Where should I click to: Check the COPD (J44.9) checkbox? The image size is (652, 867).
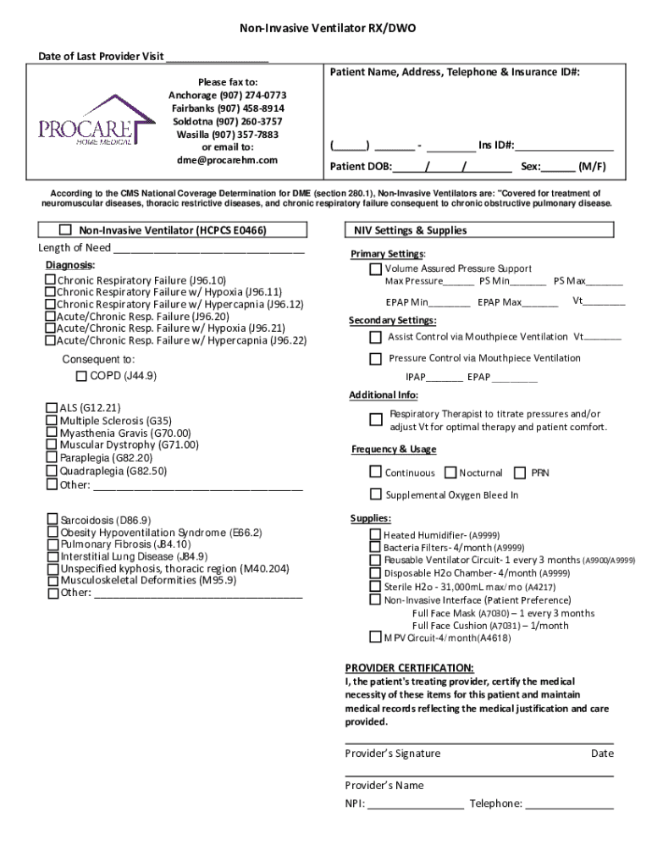click(81, 376)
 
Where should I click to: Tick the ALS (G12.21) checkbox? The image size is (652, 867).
click(52, 407)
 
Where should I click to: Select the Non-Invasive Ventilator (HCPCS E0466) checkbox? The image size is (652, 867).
click(65, 230)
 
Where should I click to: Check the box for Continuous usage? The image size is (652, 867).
click(375, 472)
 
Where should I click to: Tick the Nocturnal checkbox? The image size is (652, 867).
click(450, 472)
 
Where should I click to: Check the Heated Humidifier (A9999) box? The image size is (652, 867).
click(375, 535)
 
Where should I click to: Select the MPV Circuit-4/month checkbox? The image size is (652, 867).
click(375, 637)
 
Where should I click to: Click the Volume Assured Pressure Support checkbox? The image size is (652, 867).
click(375, 269)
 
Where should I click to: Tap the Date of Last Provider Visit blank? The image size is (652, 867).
click(217, 58)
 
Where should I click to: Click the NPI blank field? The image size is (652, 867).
click(416, 804)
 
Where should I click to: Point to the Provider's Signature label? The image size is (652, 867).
click(392, 754)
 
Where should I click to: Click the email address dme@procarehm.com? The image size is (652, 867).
click(227, 160)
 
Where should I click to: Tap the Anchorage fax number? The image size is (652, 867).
click(255, 96)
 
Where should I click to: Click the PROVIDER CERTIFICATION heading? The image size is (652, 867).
click(409, 667)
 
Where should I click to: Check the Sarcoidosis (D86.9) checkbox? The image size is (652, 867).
click(52, 520)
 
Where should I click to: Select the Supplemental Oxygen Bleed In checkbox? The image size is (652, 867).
click(375, 494)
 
